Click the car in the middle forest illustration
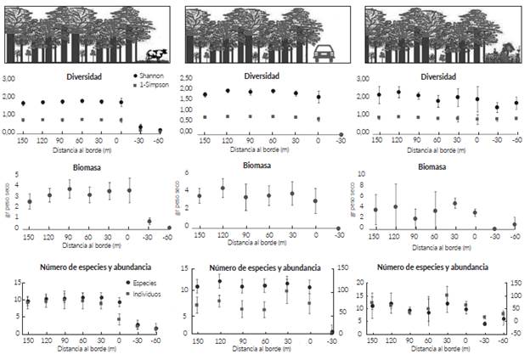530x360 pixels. tap(325, 53)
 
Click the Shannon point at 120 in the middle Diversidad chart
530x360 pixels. tap(228, 91)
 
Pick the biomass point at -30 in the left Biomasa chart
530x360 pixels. tap(149, 222)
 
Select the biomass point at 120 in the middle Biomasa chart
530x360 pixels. tap(223, 188)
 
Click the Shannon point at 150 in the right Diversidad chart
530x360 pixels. tap(372, 94)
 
